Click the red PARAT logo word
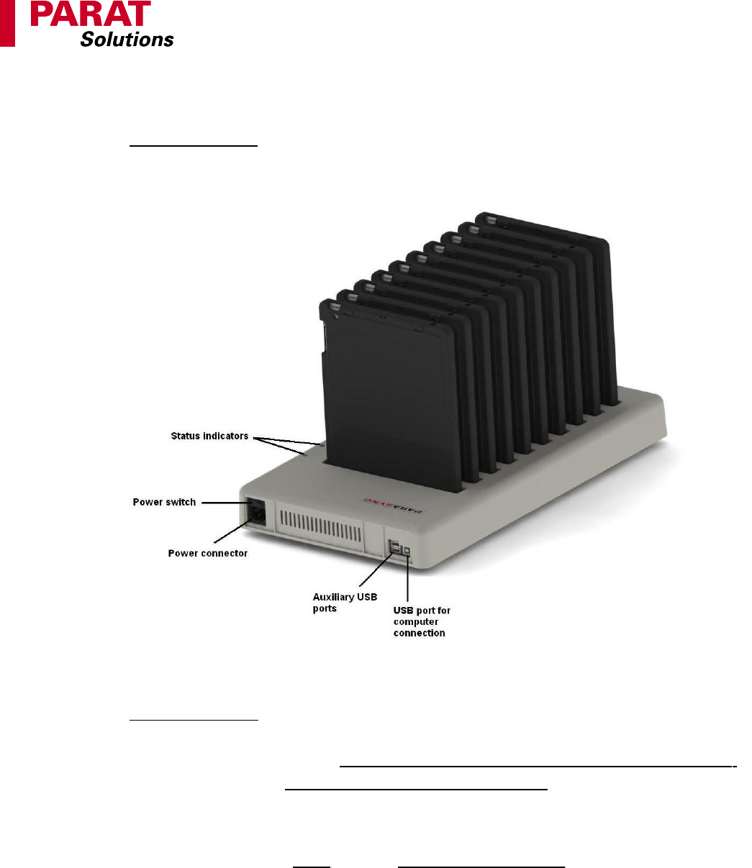[91, 14]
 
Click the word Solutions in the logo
[127, 40]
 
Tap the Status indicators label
[209, 436]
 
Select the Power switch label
[164, 502]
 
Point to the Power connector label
[207, 554]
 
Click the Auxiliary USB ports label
[345, 603]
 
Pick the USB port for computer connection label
[422, 621]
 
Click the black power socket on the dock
[255, 512]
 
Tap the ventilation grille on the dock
[320, 526]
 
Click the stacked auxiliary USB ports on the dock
[395, 547]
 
